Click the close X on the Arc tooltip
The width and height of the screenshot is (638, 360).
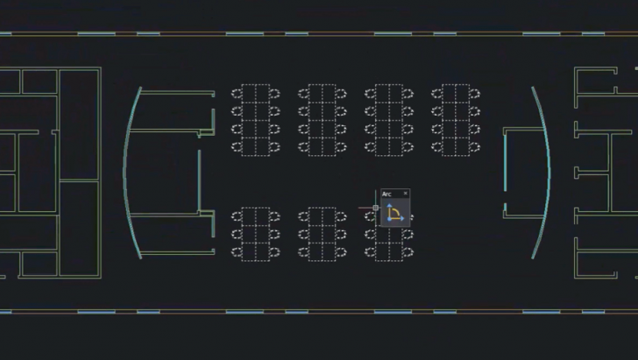pos(405,194)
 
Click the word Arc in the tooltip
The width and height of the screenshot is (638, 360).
pos(386,194)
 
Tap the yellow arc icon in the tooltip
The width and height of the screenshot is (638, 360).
pos(394,213)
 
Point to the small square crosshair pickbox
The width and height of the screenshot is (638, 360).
pos(376,208)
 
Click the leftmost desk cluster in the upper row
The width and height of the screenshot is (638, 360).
pos(256,120)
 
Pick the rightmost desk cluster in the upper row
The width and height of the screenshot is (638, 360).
pos(456,120)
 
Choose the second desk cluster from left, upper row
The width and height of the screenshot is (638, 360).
pos(323,120)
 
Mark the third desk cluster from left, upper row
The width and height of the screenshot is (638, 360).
pos(389,120)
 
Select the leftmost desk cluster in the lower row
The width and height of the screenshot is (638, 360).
pos(256,234)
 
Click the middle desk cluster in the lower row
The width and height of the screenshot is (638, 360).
pos(323,234)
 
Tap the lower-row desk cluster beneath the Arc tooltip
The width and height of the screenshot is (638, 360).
pos(389,234)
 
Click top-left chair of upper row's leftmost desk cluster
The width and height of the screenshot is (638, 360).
pos(237,94)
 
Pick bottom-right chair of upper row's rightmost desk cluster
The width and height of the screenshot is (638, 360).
pos(474,147)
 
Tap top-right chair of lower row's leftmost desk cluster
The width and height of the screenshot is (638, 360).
pos(274,217)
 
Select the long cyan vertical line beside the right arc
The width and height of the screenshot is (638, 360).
pos(506,162)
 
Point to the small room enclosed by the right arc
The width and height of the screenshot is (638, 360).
pos(524,173)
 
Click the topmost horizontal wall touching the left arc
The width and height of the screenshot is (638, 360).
pos(177,93)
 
